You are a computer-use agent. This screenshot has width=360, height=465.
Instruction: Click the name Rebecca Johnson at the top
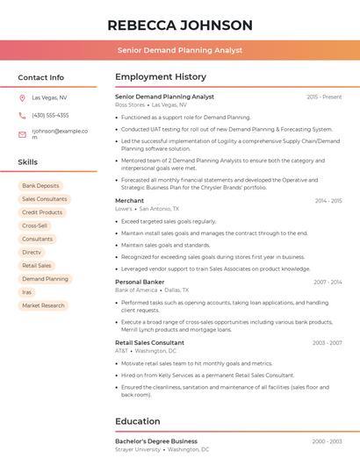tap(180, 25)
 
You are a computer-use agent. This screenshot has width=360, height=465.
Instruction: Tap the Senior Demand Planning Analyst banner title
tap(180, 51)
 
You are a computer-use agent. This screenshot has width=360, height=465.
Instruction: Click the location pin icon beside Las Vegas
tap(22, 98)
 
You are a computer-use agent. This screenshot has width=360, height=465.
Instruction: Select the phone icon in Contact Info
tap(22, 115)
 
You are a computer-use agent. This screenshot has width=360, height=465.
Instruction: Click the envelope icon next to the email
tap(22, 134)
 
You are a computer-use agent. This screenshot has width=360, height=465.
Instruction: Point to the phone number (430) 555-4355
tap(50, 115)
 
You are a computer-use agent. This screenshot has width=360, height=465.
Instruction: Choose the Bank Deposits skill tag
tap(41, 186)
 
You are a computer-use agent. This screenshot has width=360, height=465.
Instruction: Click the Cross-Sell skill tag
tap(35, 225)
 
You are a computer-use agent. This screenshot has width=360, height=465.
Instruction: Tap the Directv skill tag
tap(32, 252)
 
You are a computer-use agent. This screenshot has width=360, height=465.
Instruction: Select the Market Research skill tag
tap(43, 305)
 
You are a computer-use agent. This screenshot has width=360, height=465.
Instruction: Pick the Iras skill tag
tap(27, 292)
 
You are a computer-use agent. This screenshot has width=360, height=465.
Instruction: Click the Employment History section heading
tap(161, 77)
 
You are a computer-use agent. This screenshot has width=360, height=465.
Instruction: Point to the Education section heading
tap(138, 421)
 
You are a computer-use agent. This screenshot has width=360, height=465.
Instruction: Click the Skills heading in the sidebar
tap(28, 162)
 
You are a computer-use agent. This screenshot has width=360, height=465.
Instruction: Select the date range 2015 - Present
tap(324, 97)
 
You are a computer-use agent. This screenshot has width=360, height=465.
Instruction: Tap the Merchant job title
tap(129, 201)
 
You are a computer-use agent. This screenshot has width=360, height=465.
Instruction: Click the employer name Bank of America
tap(136, 290)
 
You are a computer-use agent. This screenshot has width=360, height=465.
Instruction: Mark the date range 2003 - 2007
tap(327, 343)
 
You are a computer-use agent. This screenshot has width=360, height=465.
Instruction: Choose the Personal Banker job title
tap(140, 282)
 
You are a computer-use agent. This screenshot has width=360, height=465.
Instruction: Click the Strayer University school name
tap(138, 449)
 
